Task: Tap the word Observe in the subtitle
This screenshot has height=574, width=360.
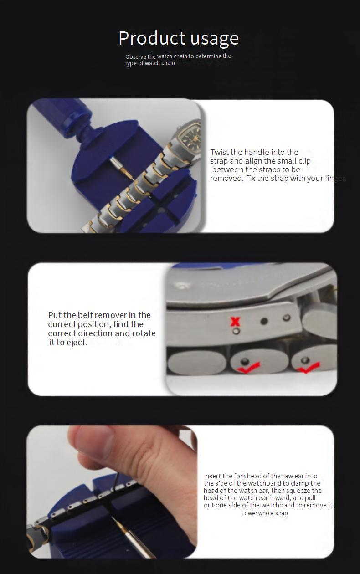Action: click(x=136, y=56)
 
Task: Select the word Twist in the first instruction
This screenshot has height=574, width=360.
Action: click(x=220, y=152)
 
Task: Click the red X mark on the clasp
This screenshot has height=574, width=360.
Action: click(x=235, y=322)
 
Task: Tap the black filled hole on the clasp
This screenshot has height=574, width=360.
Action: click(x=264, y=321)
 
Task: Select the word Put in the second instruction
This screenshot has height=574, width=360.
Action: click(x=55, y=315)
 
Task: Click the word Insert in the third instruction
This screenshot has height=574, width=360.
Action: click(x=211, y=476)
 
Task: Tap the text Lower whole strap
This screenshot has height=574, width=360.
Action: click(x=265, y=513)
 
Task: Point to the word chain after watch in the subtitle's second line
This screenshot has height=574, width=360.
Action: click(x=168, y=63)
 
